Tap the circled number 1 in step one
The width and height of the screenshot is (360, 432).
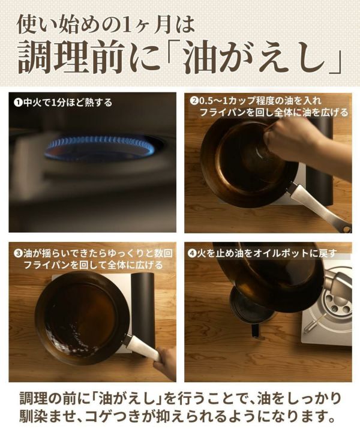pyautogui.click(x=18, y=103)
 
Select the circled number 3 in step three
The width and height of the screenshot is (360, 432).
pyautogui.click(x=18, y=253)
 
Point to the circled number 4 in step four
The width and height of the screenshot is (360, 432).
pyautogui.click(x=192, y=253)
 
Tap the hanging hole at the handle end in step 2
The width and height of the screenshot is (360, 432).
pyautogui.click(x=346, y=229)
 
